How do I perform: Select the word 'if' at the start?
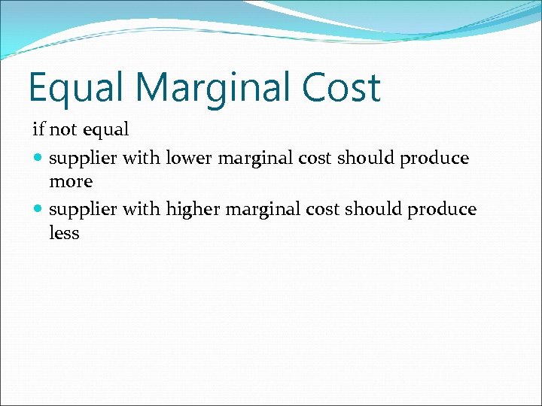[x=38, y=129]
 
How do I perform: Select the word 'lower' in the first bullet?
[x=188, y=159]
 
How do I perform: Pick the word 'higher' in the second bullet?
[x=192, y=210]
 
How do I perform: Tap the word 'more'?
[x=71, y=182]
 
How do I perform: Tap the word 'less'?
[x=64, y=233]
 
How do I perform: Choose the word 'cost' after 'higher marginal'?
[x=324, y=210]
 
